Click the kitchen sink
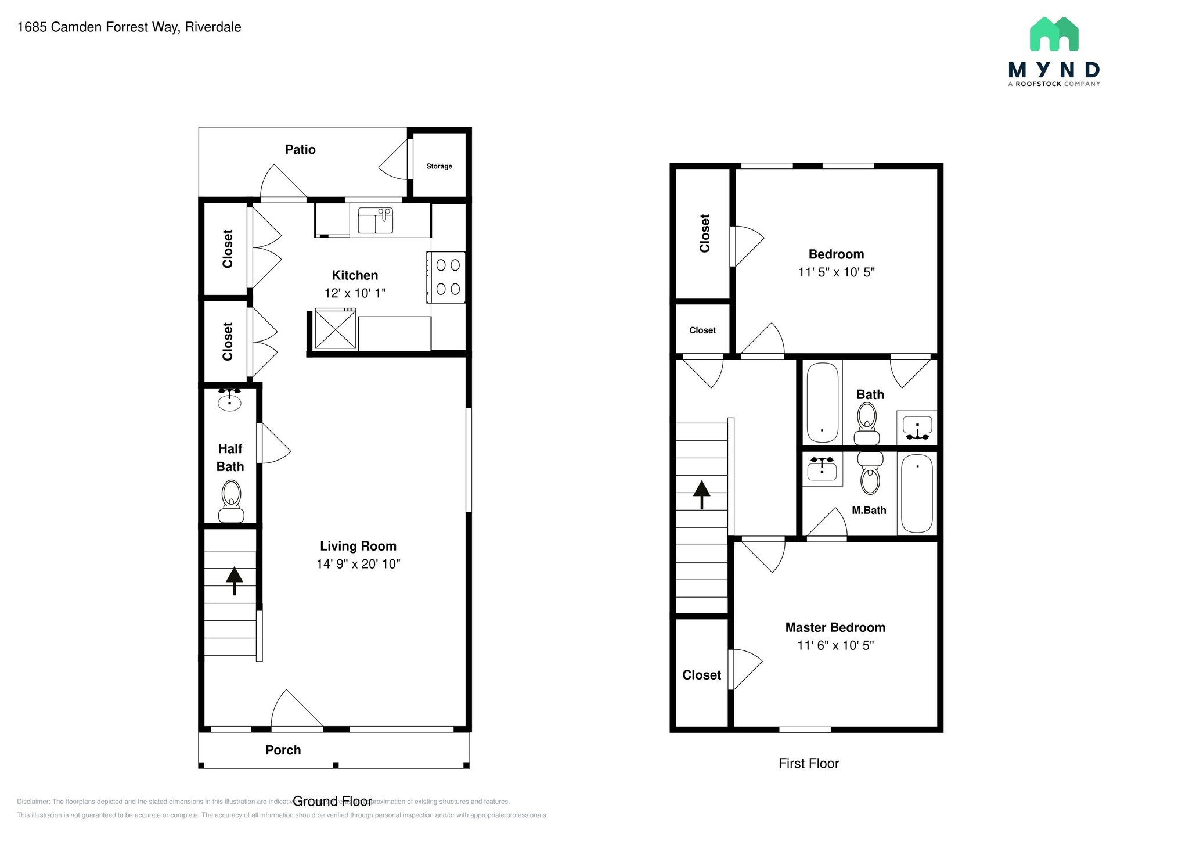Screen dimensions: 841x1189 pyautogui.click(x=376, y=221)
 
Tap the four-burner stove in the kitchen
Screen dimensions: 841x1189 pyautogui.click(x=446, y=277)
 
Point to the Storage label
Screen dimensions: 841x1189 pyautogui.click(x=439, y=166)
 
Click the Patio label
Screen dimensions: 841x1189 pyautogui.click(x=300, y=150)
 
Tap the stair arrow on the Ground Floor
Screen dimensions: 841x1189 pyautogui.click(x=234, y=580)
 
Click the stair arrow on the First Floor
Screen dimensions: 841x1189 pyautogui.click(x=701, y=495)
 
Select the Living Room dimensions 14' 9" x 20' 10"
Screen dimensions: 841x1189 pyautogui.click(x=358, y=564)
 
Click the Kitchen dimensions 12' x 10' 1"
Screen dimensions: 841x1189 pyautogui.click(x=355, y=293)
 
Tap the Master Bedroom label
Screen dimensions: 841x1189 pyautogui.click(x=835, y=627)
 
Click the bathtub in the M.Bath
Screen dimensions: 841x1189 pyautogui.click(x=917, y=493)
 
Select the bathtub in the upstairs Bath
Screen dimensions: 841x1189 pyautogui.click(x=822, y=402)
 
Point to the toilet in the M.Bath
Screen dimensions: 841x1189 pyautogui.click(x=870, y=473)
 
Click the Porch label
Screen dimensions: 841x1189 pyautogui.click(x=283, y=750)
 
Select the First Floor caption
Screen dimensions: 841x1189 pyautogui.click(x=808, y=764)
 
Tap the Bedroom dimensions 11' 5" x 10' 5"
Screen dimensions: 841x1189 pyautogui.click(x=836, y=272)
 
